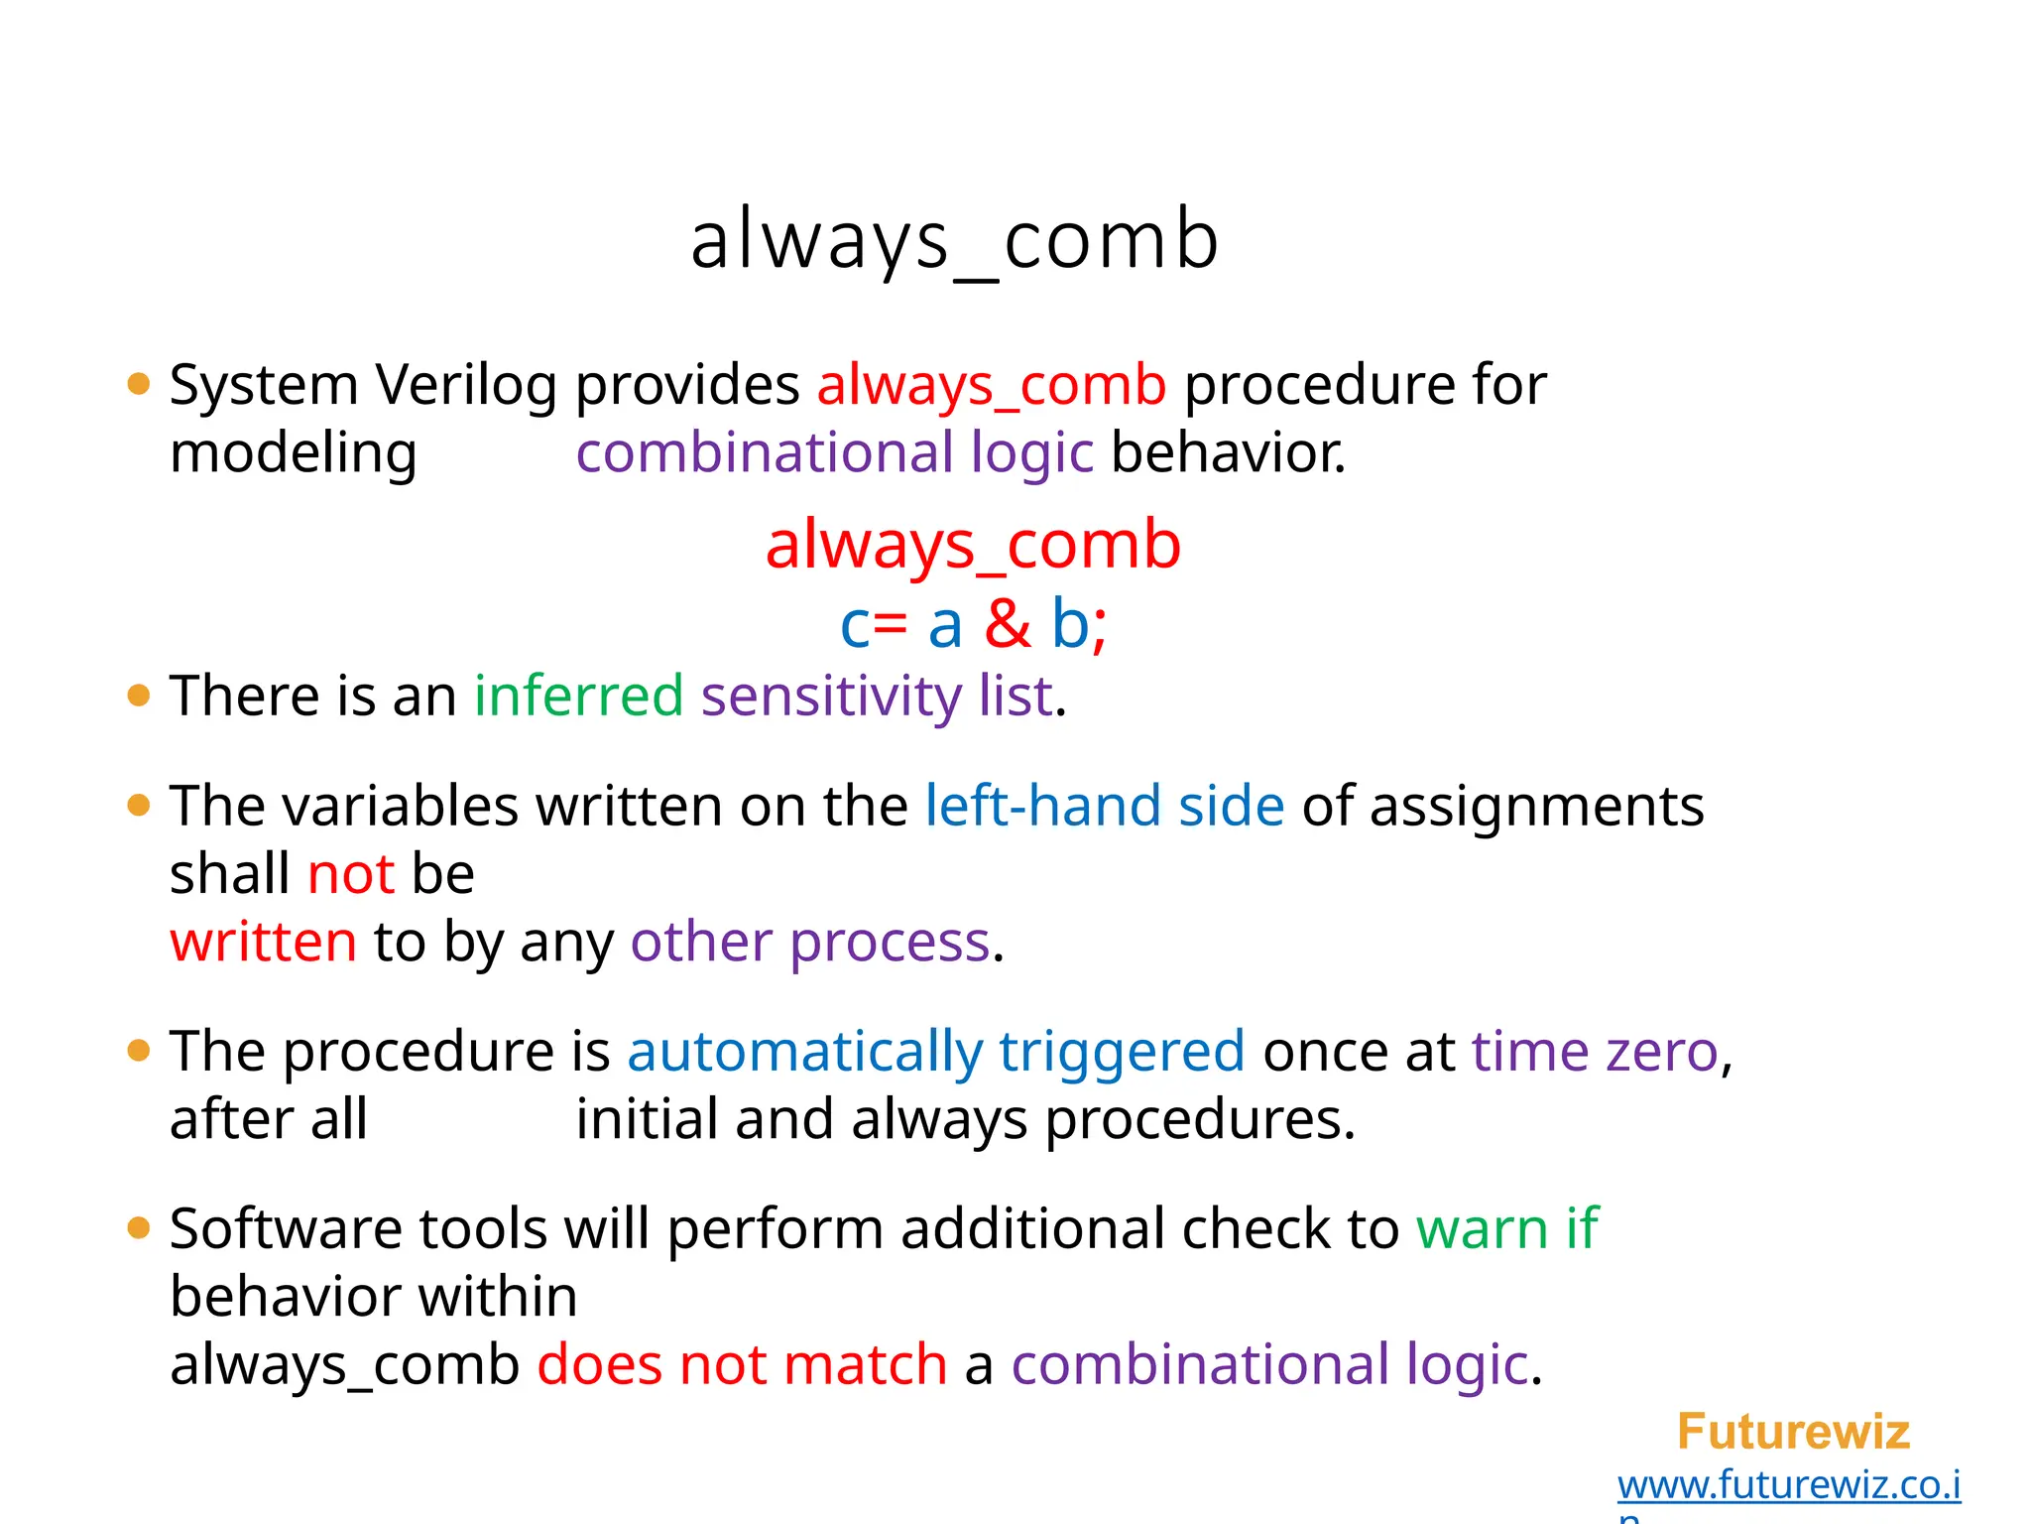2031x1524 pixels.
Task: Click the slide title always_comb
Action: click(x=954, y=241)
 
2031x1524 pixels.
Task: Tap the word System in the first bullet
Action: click(x=263, y=385)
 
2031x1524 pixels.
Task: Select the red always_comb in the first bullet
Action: click(x=991, y=385)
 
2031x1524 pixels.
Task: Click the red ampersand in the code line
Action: click(x=1007, y=624)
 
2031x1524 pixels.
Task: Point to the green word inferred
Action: click(x=578, y=696)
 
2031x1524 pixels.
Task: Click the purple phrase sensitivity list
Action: click(x=877, y=696)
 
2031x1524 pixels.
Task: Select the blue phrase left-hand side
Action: click(x=1104, y=806)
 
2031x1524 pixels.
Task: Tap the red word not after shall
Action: click(x=351, y=874)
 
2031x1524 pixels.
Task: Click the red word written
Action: click(x=263, y=942)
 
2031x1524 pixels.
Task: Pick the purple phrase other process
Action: click(x=810, y=942)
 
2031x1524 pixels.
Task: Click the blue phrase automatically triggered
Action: click(x=935, y=1052)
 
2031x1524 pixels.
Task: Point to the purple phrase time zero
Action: click(x=1595, y=1052)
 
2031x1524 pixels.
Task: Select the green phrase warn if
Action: click(x=1506, y=1229)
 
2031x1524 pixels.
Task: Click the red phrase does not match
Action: click(x=742, y=1365)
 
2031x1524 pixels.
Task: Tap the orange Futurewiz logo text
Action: click(x=1793, y=1432)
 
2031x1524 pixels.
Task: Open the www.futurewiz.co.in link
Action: click(x=1788, y=1485)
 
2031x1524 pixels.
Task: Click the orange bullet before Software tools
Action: click(x=139, y=1229)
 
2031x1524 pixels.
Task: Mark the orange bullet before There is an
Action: click(x=139, y=696)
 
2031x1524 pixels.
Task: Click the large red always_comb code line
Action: click(x=973, y=545)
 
